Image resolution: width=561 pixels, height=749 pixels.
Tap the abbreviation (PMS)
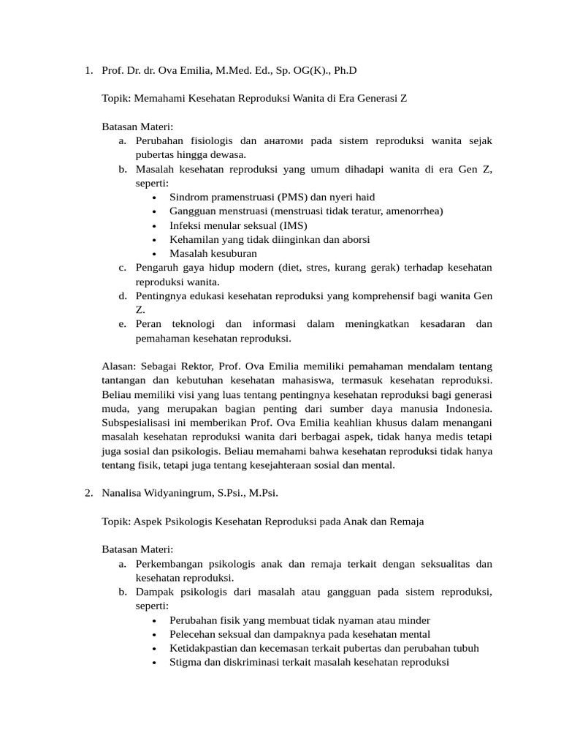point(291,197)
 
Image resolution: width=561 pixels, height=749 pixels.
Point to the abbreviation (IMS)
point(291,225)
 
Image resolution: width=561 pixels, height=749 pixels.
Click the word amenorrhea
point(414,211)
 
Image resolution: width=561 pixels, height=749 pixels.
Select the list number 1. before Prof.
point(88,71)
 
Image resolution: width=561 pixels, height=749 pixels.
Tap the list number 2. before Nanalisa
point(88,493)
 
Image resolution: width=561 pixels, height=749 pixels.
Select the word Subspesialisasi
point(137,422)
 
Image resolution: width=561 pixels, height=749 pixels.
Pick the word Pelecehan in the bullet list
point(191,634)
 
